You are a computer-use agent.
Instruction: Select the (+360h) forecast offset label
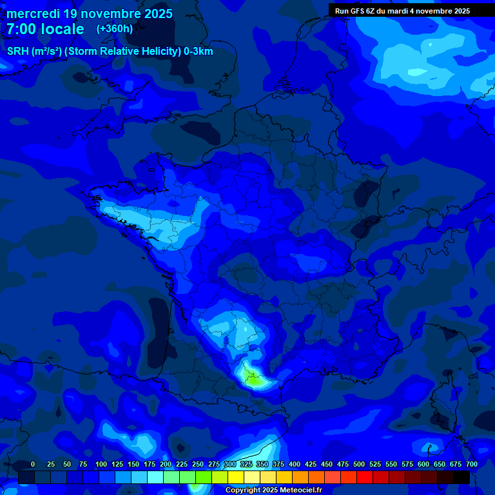114,29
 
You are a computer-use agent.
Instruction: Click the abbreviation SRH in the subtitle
17,52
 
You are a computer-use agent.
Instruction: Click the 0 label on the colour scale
33,464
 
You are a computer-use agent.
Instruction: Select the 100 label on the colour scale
101,464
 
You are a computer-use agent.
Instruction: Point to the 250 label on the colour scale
198,464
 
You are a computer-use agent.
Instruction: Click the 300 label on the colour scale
230,464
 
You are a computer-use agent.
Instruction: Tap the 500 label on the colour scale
359,464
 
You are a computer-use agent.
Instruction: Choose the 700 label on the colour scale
471,464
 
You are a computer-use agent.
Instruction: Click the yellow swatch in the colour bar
237,477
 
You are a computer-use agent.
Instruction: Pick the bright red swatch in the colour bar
365,477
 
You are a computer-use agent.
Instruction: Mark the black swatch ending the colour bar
461,477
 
